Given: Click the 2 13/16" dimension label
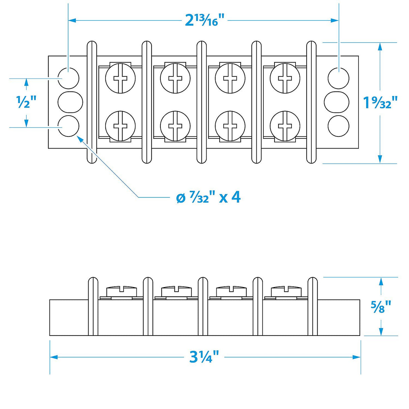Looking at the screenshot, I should point(204,21).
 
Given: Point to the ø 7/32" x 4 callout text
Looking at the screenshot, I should point(208,197).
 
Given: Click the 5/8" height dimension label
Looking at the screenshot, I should point(381,306).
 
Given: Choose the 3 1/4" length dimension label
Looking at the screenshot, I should point(204,357).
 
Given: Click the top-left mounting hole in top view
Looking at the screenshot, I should point(68,78).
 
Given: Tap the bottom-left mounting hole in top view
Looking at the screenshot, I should point(68,126).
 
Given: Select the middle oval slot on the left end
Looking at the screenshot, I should point(70,102).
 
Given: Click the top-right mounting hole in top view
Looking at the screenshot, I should point(338,78).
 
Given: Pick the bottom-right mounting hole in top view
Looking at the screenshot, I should point(338,126).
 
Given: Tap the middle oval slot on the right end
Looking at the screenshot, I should point(337,102).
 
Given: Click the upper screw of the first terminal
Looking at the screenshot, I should point(120,78).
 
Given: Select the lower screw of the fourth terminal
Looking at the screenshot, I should point(285,126).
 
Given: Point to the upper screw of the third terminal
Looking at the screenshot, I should point(230,78).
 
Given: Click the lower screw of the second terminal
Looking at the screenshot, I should point(175,126).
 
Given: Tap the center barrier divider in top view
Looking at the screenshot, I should point(201,102).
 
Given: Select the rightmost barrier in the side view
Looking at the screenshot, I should point(312,306).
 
